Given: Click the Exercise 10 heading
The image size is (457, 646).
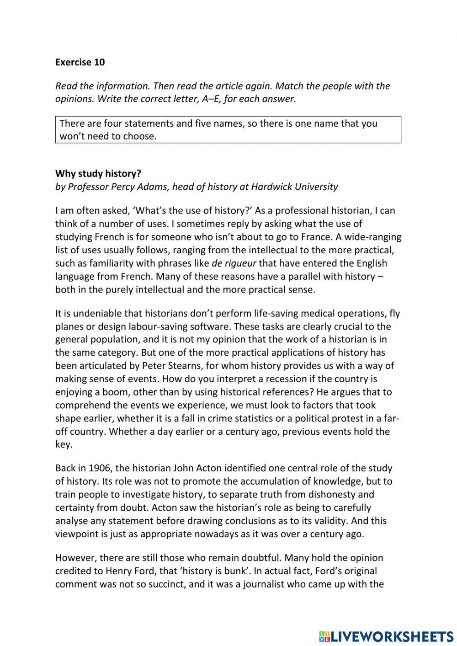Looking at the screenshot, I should point(80,62).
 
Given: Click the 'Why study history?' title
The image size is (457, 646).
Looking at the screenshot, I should point(98,174).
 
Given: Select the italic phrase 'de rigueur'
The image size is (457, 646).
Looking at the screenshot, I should point(234,263).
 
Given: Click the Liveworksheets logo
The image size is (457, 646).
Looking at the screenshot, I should point(386,636).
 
